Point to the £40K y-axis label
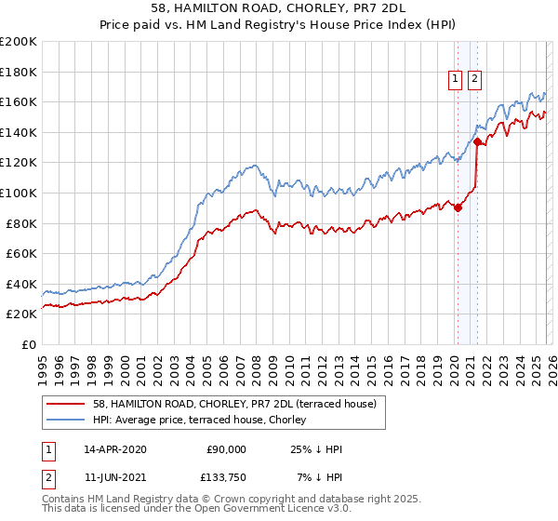(x=21, y=284)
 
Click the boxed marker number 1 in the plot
(x=457, y=80)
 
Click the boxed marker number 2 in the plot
(x=474, y=80)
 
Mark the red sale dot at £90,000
(x=458, y=208)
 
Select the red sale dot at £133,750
(x=477, y=141)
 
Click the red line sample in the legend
(x=65, y=404)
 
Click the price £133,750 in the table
(x=225, y=479)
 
